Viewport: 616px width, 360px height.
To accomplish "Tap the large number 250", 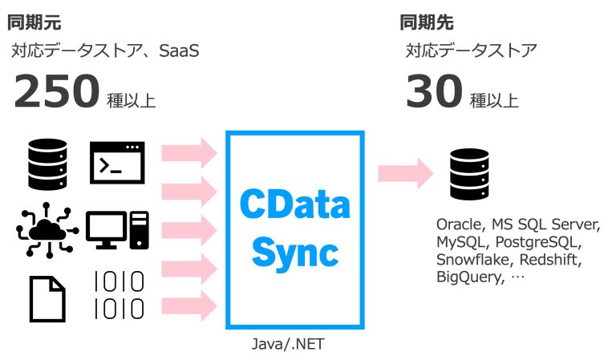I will click(x=56, y=93).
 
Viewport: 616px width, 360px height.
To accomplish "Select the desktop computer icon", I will click(x=117, y=229).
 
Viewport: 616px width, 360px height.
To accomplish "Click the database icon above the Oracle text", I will click(x=468, y=172).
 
